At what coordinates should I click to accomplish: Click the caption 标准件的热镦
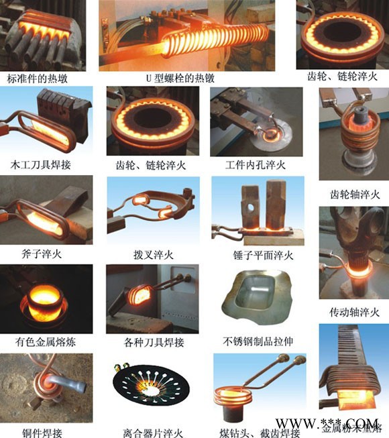tap(38, 79)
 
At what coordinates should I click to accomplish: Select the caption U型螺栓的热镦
tap(180, 79)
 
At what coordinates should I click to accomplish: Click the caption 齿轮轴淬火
tap(355, 195)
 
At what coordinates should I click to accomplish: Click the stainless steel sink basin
tap(259, 301)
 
